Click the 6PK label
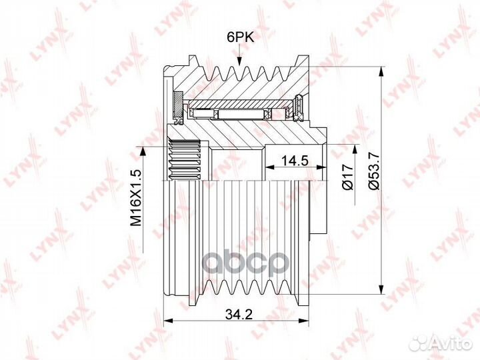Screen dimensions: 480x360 click(x=240, y=37)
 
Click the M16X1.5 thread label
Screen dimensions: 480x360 click(x=136, y=198)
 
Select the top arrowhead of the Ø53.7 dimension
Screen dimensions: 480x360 click(x=381, y=71)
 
